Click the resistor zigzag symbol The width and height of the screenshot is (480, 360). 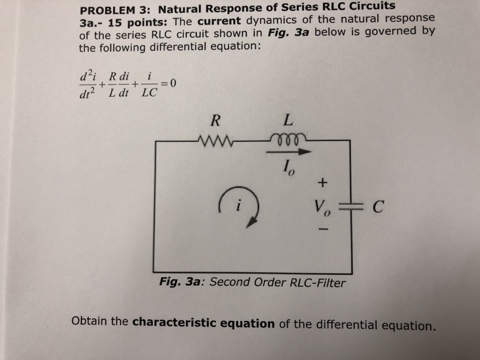(x=216, y=143)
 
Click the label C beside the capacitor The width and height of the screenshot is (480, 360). (x=375, y=206)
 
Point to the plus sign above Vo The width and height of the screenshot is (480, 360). (x=323, y=183)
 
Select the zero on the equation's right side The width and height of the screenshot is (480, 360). (x=173, y=84)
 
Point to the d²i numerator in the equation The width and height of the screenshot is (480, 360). (x=89, y=73)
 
